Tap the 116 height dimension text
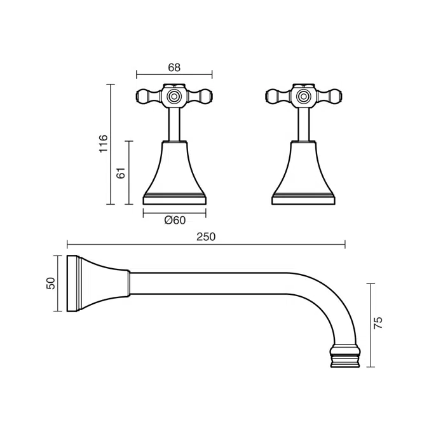coord(104,144)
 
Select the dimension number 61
coord(121,172)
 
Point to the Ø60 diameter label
coord(174,220)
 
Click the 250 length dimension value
coord(205,236)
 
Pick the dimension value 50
coord(51,283)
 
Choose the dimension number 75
coord(378,323)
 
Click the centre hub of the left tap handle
coord(175,97)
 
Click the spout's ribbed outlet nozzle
coord(346,356)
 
